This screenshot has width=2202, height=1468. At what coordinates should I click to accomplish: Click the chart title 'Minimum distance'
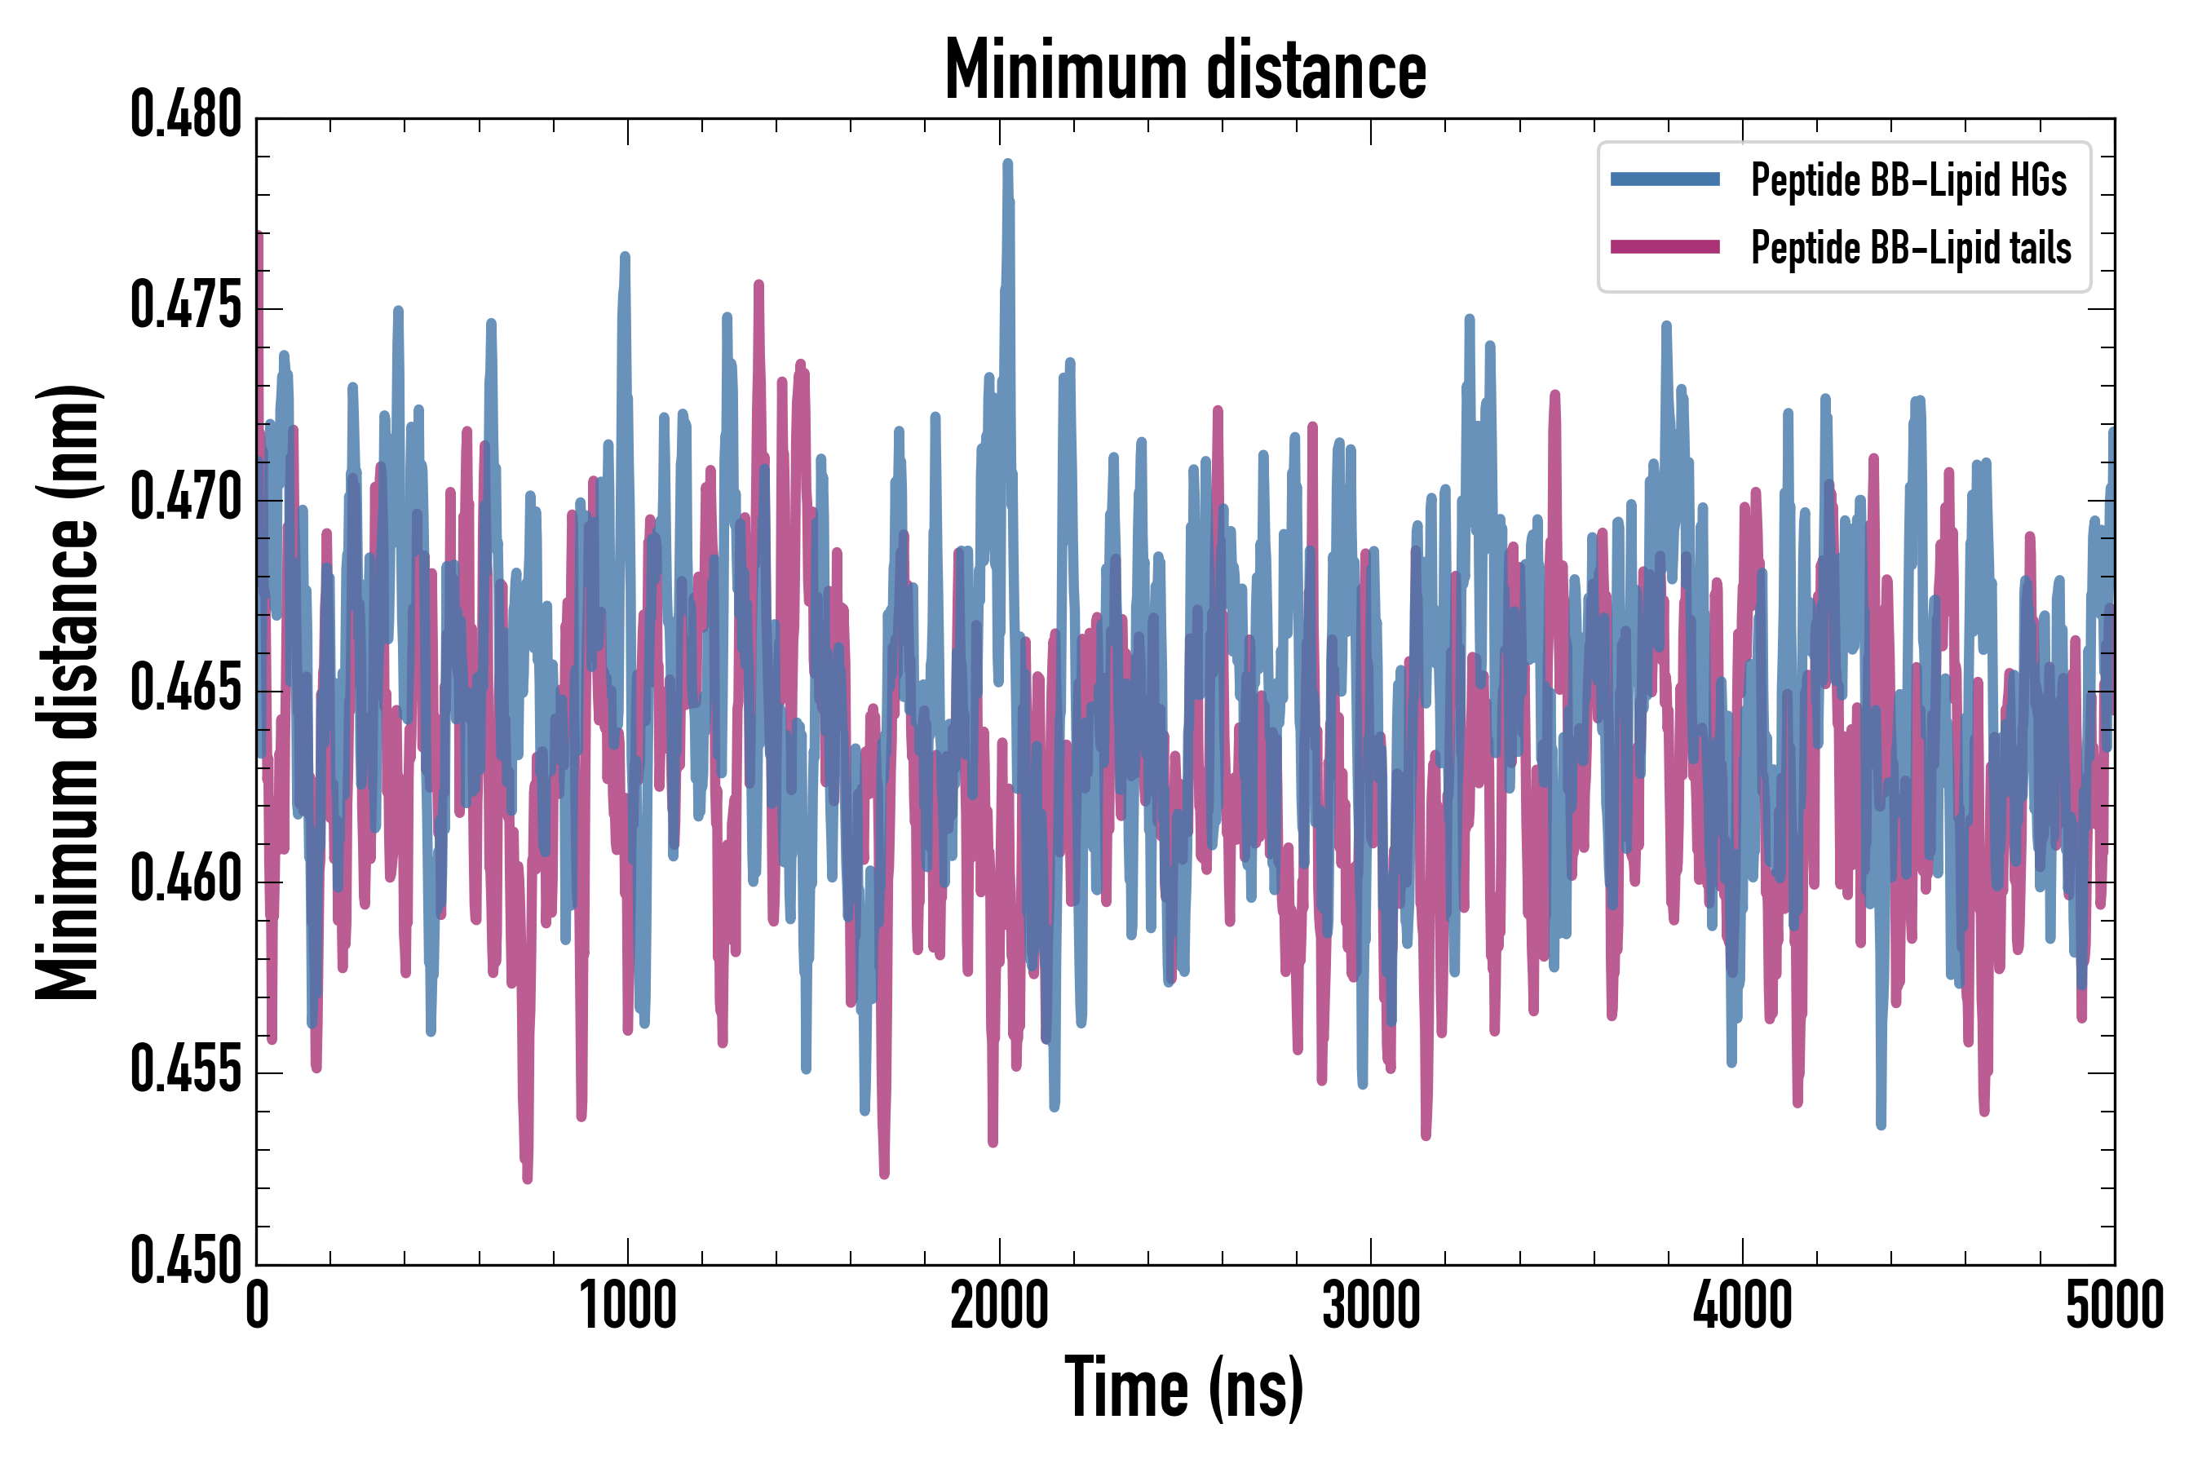1185,69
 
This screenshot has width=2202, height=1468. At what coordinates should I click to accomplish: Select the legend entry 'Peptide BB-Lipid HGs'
1908,179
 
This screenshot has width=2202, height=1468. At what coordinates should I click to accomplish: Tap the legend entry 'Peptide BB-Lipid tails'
1911,248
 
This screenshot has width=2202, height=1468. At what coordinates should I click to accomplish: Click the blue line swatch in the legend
1665,179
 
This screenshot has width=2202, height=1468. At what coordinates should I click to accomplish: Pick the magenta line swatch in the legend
1665,247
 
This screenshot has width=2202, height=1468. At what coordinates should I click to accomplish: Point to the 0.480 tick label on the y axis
185,116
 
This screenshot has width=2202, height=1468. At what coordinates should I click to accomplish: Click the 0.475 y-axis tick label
185,307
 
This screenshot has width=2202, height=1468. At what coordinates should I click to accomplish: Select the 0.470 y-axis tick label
185,498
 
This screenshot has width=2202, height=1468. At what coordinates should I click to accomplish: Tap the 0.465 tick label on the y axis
185,690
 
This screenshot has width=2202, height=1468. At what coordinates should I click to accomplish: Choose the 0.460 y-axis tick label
185,881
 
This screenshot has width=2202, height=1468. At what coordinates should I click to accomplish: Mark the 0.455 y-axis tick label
185,1072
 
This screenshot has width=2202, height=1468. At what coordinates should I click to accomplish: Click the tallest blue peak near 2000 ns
1007,165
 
